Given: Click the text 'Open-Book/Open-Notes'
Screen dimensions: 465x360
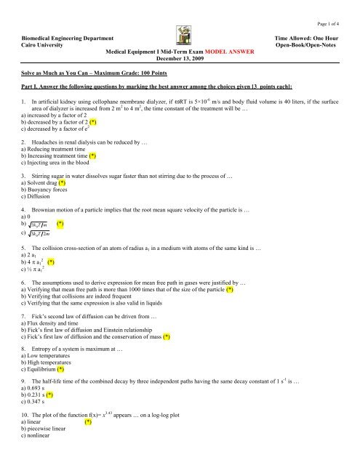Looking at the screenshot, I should [313, 44].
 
